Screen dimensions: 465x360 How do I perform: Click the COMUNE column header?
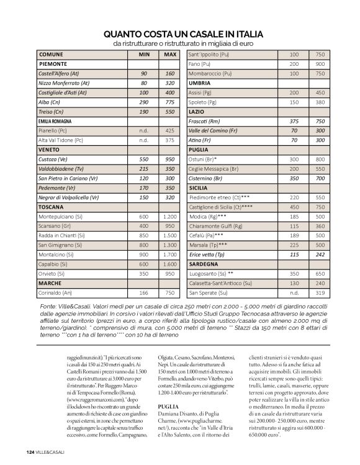point(51,55)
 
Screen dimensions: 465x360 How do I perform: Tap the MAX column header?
point(169,55)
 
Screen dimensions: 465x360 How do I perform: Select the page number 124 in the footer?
point(30,451)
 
